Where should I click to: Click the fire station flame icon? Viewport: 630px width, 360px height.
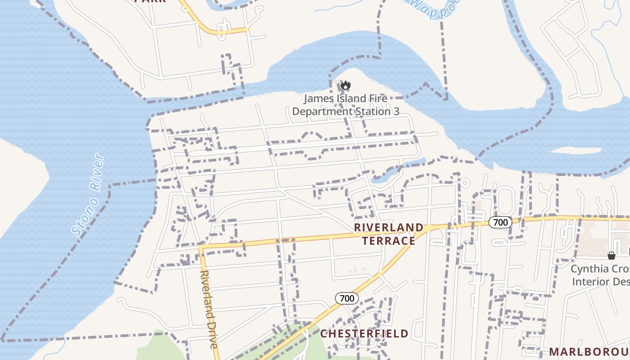point(346,85)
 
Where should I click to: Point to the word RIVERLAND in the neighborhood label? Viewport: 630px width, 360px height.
point(389,227)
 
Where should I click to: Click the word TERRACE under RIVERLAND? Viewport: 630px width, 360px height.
point(389,241)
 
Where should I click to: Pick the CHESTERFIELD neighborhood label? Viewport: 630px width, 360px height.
point(364,333)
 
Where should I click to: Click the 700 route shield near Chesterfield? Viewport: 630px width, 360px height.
point(346,298)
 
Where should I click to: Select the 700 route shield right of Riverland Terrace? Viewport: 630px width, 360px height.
point(500,222)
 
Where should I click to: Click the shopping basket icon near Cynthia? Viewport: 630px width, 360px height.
point(612,256)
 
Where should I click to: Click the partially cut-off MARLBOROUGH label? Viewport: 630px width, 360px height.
point(589,351)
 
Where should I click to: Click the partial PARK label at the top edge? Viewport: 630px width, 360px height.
point(150,1)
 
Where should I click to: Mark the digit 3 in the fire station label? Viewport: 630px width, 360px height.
point(396,111)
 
